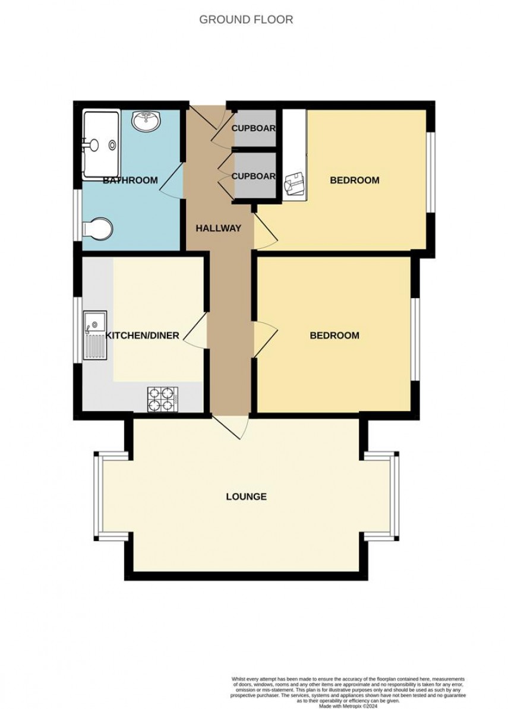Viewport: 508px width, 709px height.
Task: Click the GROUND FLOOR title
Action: pyautogui.click(x=245, y=20)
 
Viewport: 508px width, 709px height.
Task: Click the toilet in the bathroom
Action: pyautogui.click(x=98, y=229)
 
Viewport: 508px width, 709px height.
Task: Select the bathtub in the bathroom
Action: pyautogui.click(x=102, y=143)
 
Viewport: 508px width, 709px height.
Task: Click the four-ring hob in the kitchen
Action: pyautogui.click(x=162, y=398)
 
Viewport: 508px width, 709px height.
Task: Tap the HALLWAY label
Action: pyautogui.click(x=219, y=228)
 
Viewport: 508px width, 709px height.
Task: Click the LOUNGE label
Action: pyautogui.click(x=246, y=496)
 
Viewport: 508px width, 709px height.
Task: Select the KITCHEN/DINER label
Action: pyautogui.click(x=143, y=335)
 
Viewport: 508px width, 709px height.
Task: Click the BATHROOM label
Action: pyautogui.click(x=131, y=180)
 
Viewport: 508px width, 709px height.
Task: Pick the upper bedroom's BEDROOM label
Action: pyautogui.click(x=355, y=180)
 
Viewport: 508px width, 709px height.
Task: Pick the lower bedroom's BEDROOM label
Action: pyautogui.click(x=335, y=335)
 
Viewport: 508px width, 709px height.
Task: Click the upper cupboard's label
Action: pyautogui.click(x=254, y=128)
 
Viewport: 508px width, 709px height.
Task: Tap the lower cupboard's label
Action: pyautogui.click(x=254, y=176)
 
